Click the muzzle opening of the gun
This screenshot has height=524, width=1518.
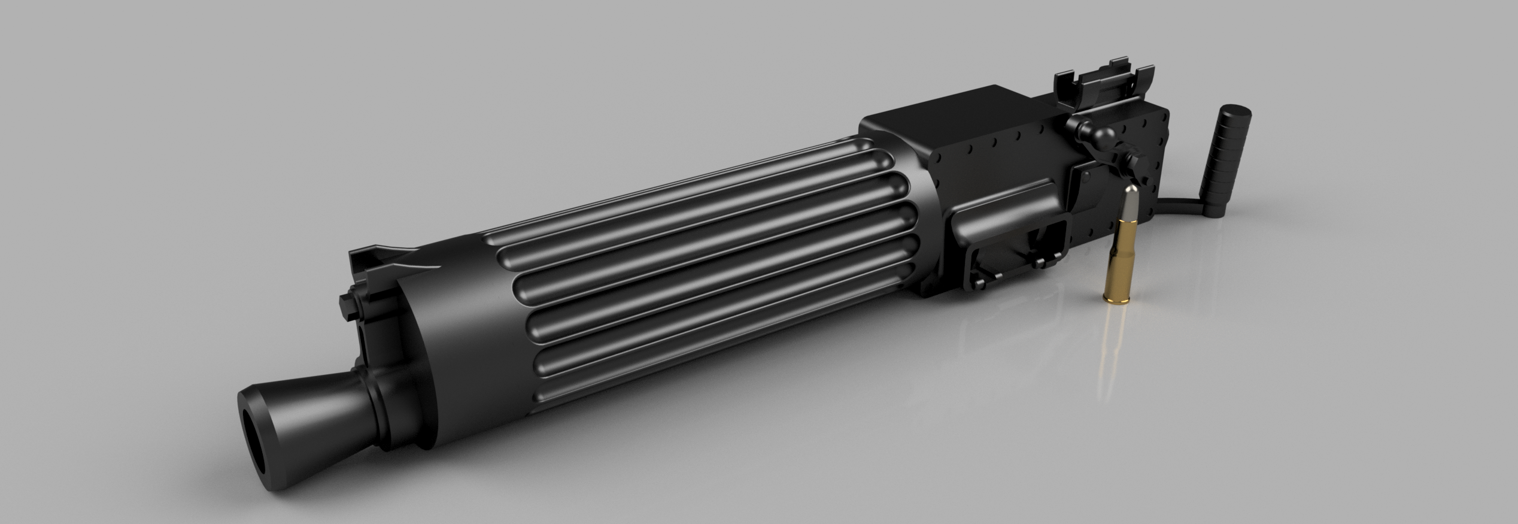(256, 437)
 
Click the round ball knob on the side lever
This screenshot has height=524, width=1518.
(1082, 128)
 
